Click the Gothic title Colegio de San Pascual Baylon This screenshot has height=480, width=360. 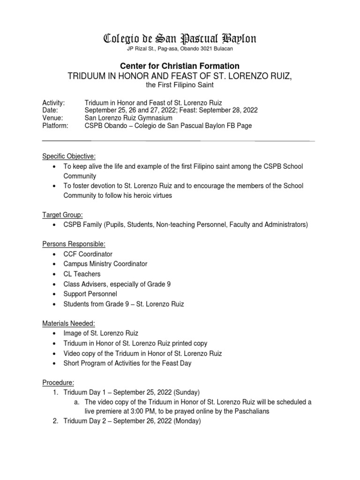(x=180, y=38)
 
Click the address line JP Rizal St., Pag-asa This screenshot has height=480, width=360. (x=180, y=49)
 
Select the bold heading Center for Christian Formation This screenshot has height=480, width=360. (x=180, y=66)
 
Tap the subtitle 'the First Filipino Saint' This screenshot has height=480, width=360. (x=180, y=85)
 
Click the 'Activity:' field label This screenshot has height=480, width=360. (x=53, y=103)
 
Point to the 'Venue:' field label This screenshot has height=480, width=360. (x=52, y=118)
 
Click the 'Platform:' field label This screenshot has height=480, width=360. (x=55, y=126)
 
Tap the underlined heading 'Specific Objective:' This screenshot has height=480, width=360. (x=69, y=156)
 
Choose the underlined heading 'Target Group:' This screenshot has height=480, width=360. (x=63, y=215)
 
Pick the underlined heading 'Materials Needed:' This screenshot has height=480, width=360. (x=68, y=323)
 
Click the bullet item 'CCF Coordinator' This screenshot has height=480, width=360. (x=88, y=254)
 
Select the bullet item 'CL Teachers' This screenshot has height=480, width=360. (x=82, y=274)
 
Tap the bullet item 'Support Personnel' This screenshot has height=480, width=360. (x=90, y=294)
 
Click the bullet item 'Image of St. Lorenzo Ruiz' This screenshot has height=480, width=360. (x=101, y=333)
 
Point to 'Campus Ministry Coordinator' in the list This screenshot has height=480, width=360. (x=105, y=264)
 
